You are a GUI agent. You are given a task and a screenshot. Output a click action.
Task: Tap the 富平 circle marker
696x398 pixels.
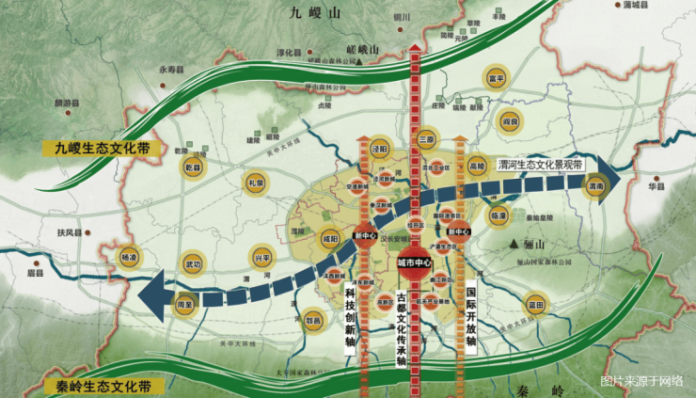tap(495, 78)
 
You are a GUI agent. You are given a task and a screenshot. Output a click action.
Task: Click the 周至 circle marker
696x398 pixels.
tap(185, 304)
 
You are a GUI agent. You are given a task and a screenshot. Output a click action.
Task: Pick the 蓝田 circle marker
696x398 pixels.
tap(536, 304)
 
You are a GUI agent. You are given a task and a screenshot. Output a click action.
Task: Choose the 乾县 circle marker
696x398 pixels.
tap(194, 168)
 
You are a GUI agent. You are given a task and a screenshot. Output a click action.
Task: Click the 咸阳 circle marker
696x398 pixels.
tap(330, 238)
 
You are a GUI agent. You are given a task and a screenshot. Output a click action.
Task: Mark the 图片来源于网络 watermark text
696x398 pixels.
tap(641, 381)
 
